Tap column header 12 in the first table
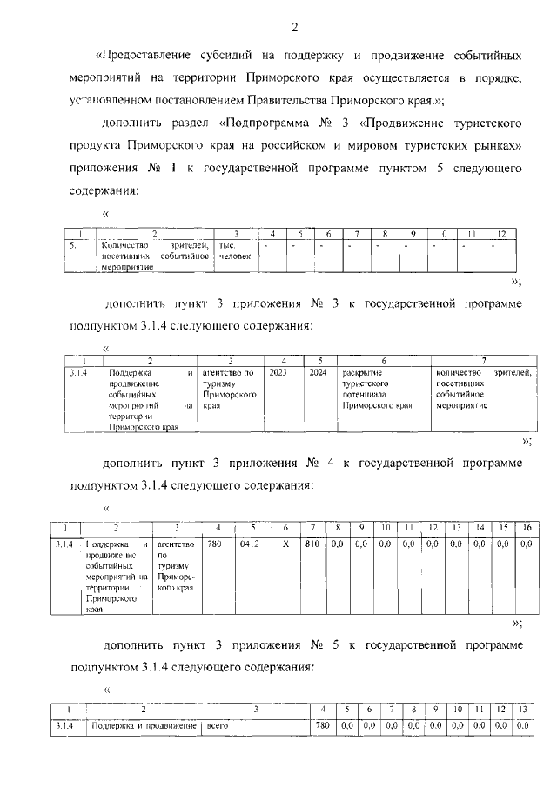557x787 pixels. pyautogui.click(x=500, y=234)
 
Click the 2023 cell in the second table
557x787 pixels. pyautogui.click(x=278, y=373)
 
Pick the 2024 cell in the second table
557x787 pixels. pyautogui.click(x=317, y=373)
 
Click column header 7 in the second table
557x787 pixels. pyautogui.click(x=482, y=360)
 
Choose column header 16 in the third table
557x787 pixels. pyautogui.click(x=525, y=528)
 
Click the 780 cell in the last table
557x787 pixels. pyautogui.click(x=322, y=725)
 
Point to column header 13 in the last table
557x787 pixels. pyautogui.click(x=522, y=710)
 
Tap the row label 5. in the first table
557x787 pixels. pyautogui.click(x=74, y=246)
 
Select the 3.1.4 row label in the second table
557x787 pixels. pyautogui.click(x=78, y=373)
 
